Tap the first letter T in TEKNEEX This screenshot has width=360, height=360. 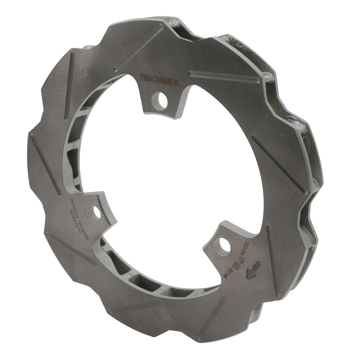point(141,77)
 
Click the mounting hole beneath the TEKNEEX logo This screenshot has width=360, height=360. point(162,101)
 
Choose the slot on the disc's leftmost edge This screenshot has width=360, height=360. point(43,157)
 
